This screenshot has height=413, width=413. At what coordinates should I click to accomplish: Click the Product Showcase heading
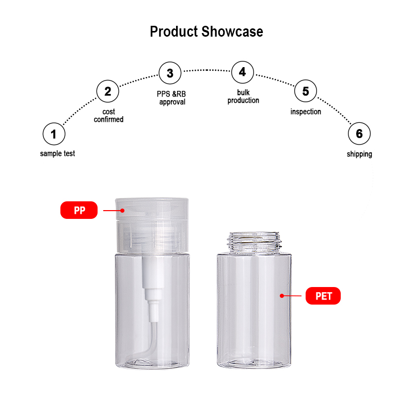[206, 31]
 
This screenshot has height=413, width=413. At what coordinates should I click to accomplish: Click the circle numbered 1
[54, 135]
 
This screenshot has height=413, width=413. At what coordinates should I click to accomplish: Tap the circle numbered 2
[107, 92]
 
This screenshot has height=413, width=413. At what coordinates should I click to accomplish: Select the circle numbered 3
[170, 73]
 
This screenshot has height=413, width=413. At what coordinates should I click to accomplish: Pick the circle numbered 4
[243, 72]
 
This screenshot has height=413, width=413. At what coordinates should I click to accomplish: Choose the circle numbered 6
[359, 134]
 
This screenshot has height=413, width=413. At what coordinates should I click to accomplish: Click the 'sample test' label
[57, 154]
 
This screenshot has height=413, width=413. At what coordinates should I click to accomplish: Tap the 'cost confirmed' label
[108, 116]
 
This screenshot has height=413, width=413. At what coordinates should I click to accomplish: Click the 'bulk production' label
[243, 97]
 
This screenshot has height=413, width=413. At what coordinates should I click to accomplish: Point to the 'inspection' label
[306, 112]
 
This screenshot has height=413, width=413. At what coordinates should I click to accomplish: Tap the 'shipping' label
[359, 154]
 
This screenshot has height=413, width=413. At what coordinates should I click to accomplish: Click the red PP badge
[79, 210]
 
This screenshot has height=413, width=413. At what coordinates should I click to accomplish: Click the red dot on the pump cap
[123, 210]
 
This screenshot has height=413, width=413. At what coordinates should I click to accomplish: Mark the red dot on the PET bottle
[282, 296]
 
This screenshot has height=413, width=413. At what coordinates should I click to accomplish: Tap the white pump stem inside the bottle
[149, 289]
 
